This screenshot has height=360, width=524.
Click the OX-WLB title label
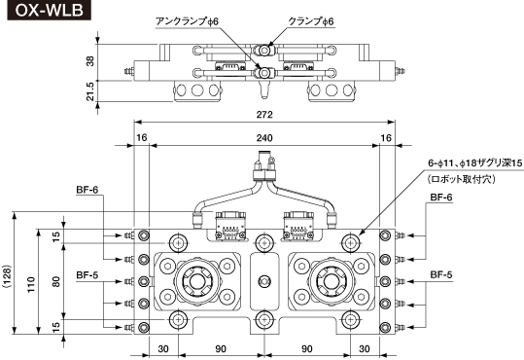(x=50, y=10)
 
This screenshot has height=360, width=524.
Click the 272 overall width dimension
(x=264, y=115)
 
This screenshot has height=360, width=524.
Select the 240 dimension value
(x=264, y=138)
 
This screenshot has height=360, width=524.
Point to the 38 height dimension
(x=90, y=61)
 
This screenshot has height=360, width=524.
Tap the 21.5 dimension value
(x=90, y=91)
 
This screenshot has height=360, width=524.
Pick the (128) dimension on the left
(x=7, y=277)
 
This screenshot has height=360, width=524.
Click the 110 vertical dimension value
(x=31, y=284)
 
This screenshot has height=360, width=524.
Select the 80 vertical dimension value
(x=56, y=281)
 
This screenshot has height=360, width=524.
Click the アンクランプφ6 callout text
(x=187, y=21)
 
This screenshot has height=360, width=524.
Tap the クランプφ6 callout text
(x=311, y=21)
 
